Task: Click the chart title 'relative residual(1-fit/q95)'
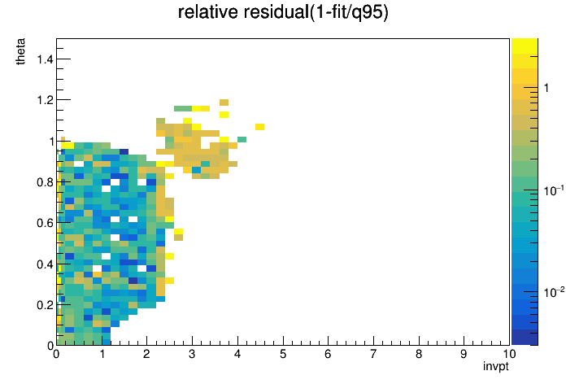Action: click(283, 12)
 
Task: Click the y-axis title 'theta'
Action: click(20, 51)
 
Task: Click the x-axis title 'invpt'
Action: click(496, 366)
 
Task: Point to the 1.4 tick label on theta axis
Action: click(45, 59)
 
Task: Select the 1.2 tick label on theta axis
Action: click(45, 100)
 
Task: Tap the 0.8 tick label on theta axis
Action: click(45, 182)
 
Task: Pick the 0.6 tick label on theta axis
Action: click(45, 223)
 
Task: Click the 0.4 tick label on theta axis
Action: click(45, 264)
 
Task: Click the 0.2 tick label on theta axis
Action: click(45, 305)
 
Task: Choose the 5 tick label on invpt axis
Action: click(283, 354)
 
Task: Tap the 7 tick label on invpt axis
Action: click(373, 354)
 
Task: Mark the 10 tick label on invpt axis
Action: click(509, 354)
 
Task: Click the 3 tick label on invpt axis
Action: click(192, 354)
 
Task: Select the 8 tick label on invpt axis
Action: click(419, 354)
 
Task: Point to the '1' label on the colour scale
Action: click(546, 88)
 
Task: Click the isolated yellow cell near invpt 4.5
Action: click(259, 127)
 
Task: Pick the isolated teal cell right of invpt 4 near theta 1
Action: click(242, 139)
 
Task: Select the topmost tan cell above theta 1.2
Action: click(224, 103)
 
